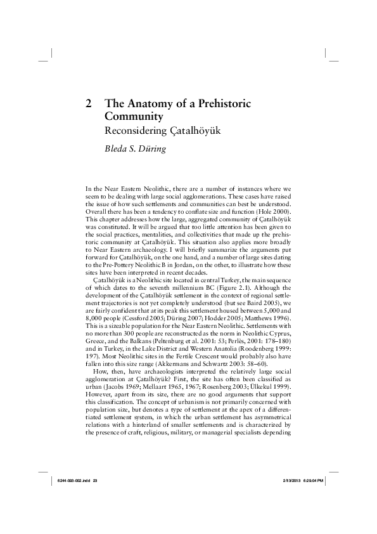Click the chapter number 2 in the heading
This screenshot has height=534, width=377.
point(89,103)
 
